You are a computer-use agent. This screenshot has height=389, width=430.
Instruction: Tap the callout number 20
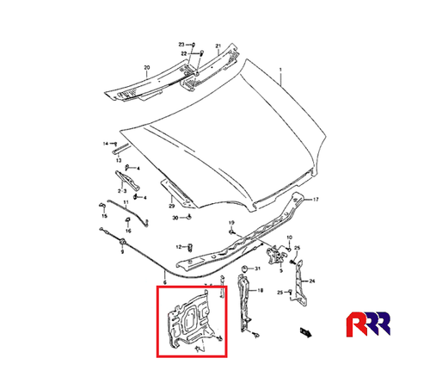click(x=146, y=67)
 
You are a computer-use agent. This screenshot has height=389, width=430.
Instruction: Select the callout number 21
click(x=218, y=46)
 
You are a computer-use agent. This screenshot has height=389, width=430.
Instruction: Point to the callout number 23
click(x=182, y=43)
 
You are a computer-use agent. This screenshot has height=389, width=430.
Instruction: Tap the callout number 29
click(x=170, y=207)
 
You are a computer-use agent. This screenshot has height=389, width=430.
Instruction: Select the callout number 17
click(x=315, y=199)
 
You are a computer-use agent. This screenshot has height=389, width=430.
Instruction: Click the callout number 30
click(x=175, y=219)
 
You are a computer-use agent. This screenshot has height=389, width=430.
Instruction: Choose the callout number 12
click(x=179, y=246)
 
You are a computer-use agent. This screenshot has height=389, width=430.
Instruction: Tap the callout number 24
click(x=313, y=281)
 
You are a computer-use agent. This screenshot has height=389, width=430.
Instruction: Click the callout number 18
click(x=261, y=292)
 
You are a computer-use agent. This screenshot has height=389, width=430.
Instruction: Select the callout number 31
click(x=256, y=270)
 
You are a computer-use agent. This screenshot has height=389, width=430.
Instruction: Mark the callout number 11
click(x=125, y=203)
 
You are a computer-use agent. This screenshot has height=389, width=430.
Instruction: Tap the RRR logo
click(x=375, y=327)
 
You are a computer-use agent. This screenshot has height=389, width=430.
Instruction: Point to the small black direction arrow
click(x=304, y=330)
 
